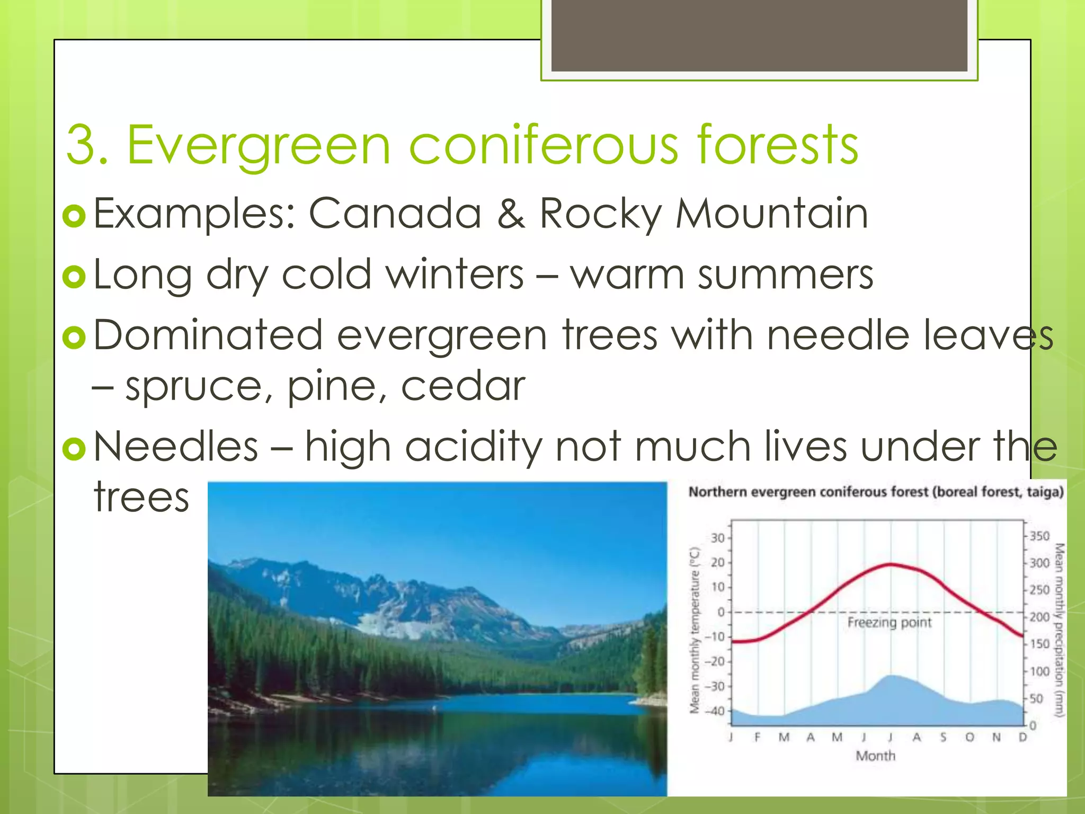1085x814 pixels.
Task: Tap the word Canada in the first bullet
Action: point(395,214)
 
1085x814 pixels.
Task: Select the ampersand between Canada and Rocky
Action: point(511,214)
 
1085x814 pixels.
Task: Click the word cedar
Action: point(463,386)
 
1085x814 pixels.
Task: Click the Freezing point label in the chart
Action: point(889,622)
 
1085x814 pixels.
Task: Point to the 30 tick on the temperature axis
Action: point(717,538)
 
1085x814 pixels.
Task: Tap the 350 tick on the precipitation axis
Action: point(1039,536)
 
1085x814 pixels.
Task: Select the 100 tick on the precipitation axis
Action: point(1039,671)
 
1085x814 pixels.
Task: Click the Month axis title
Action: point(875,756)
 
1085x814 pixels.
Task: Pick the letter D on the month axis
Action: point(1022,737)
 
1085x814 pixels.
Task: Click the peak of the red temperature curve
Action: point(891,564)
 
